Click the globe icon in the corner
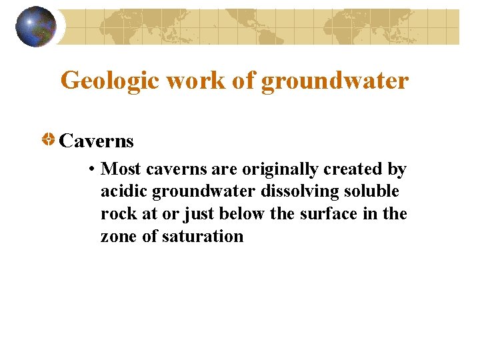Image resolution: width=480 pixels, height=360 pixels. click(36, 27)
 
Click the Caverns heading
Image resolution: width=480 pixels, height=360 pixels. click(97, 141)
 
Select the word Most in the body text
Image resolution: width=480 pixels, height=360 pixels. click(121, 169)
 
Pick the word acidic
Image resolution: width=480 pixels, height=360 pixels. click(124, 192)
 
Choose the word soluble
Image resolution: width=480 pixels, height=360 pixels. click(372, 192)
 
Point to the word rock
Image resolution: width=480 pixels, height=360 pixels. click(115, 214)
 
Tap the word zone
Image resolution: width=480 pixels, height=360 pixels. click(118, 236)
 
